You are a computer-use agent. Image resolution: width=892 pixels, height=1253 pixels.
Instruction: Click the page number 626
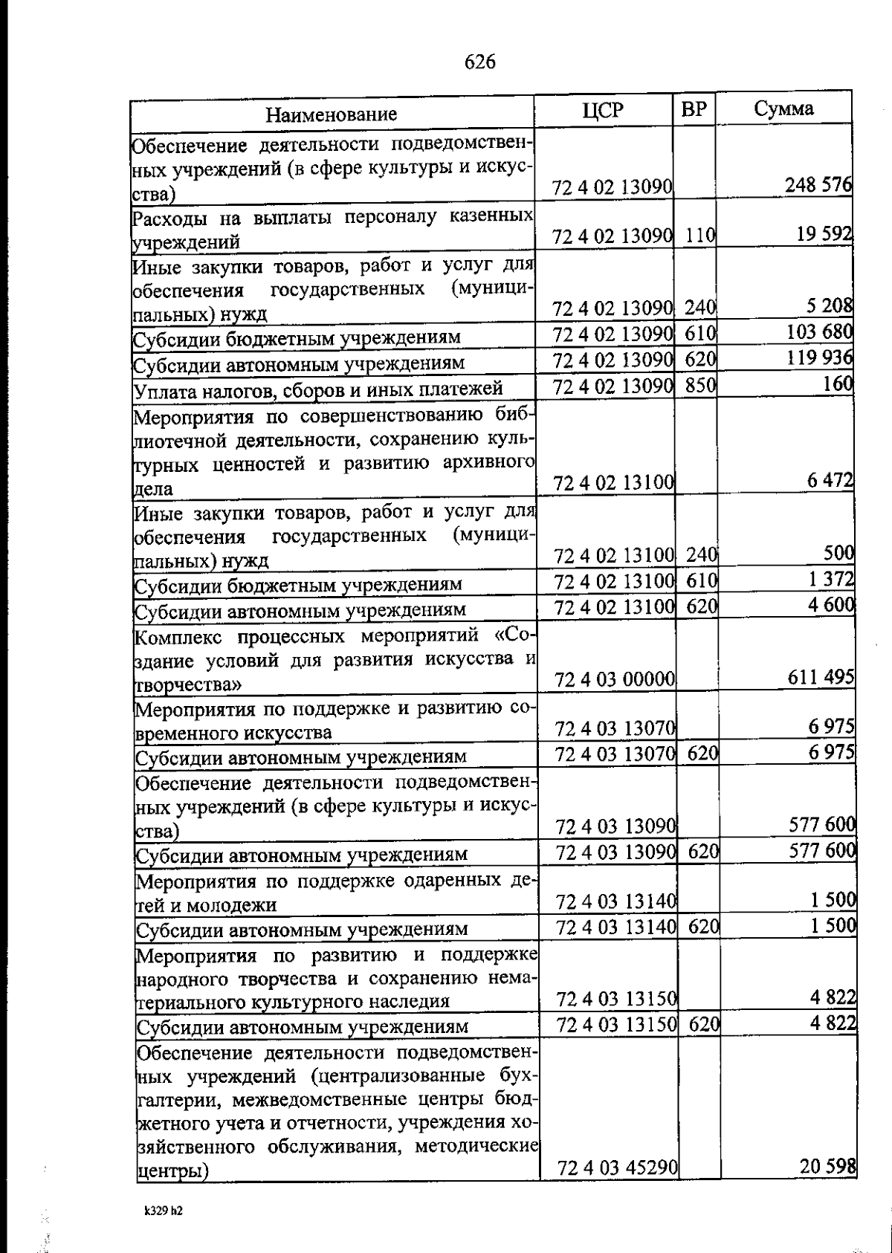(480, 62)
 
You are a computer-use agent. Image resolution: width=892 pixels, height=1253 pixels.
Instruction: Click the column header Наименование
(332, 114)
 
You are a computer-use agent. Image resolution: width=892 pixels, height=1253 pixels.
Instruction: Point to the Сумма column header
(784, 109)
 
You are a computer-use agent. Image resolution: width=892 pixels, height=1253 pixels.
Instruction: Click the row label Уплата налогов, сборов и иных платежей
(318, 389)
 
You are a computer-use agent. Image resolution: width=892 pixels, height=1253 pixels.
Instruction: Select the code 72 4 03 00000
(615, 679)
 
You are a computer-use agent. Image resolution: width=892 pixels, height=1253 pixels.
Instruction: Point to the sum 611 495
(821, 677)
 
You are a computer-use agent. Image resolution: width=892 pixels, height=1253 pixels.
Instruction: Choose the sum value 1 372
(831, 578)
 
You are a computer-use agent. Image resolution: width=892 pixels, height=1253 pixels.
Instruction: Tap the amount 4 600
(831, 604)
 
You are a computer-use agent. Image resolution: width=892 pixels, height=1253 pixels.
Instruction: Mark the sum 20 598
(827, 1187)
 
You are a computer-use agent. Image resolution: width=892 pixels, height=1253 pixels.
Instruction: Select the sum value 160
(838, 384)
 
